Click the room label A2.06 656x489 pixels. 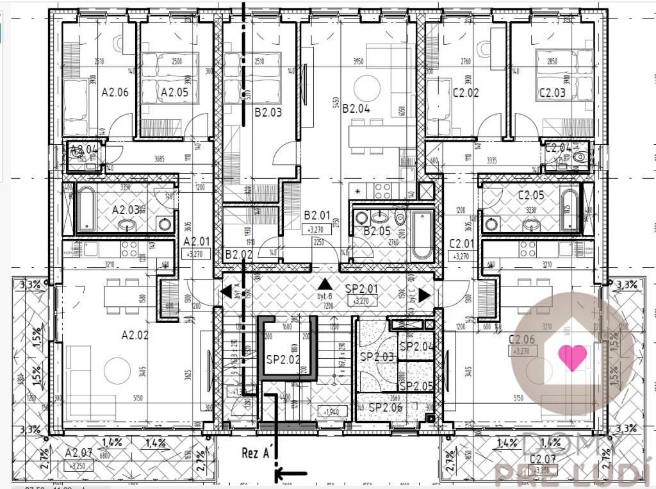click(115, 92)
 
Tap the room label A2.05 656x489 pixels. click(174, 92)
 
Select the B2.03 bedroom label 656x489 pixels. click(268, 113)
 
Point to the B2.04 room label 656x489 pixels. click(356, 108)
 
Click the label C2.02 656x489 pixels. click(466, 92)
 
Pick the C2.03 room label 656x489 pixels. click(552, 92)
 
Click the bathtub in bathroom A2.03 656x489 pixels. click(85, 209)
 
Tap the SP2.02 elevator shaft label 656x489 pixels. click(283, 360)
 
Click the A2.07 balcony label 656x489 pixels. click(80, 453)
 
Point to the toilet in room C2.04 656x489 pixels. click(581, 156)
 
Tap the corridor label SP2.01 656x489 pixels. click(361, 289)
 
